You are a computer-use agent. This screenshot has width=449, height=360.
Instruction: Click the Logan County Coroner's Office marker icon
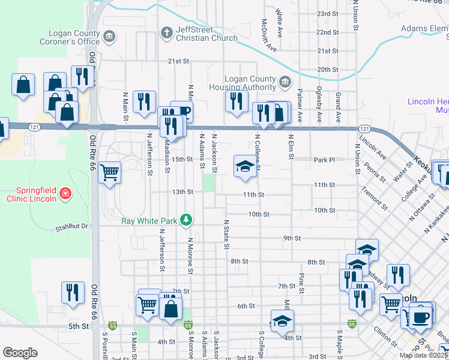pyautogui.click(x=109, y=37)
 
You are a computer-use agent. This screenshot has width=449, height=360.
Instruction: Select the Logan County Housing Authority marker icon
pyautogui.click(x=285, y=80)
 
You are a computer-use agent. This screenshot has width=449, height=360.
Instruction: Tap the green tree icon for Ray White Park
pyautogui.click(x=187, y=220)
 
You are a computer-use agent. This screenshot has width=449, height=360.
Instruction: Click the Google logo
pyautogui.click(x=19, y=353)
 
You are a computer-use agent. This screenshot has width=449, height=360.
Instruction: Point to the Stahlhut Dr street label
pyautogui.click(x=72, y=227)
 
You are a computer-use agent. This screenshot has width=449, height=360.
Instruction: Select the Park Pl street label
pyautogui.click(x=323, y=160)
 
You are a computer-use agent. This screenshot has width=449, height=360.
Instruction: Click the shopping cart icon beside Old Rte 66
pyautogui.click(x=109, y=173)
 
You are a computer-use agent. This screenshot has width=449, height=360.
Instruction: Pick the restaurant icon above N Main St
pyautogui.click(x=143, y=101)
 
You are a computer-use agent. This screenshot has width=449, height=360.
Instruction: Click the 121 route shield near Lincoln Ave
pyautogui.click(x=364, y=129)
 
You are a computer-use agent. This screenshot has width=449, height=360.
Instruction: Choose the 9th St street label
pyautogui.click(x=292, y=238)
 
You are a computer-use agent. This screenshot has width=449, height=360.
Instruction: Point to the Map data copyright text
pyautogui.click(x=424, y=355)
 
